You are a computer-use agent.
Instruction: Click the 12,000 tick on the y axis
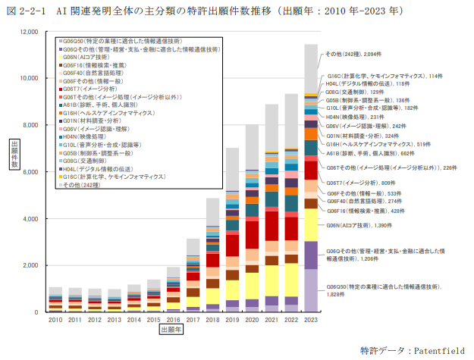(28, 32)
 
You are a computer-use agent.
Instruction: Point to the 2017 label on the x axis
(193, 321)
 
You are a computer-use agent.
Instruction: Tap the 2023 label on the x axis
(311, 321)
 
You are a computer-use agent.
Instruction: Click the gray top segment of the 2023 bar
(311, 69)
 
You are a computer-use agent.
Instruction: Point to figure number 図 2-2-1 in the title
(28, 11)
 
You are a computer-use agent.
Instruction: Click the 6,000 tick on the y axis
(30, 172)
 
